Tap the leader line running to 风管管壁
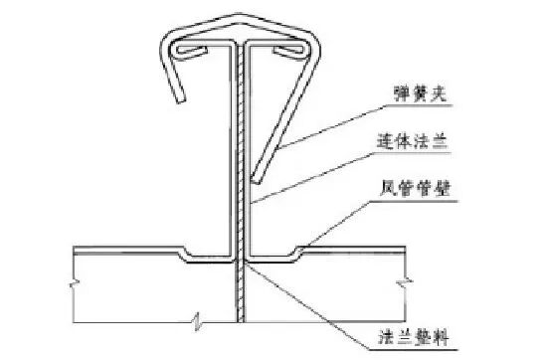click(x=348, y=219)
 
